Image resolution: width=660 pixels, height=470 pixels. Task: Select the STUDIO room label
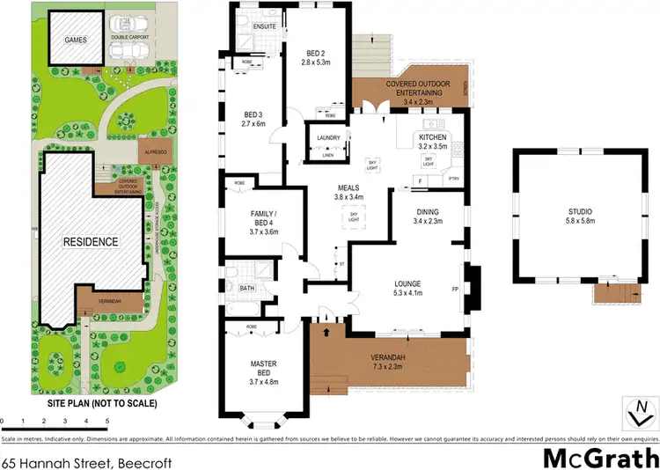point(579,212)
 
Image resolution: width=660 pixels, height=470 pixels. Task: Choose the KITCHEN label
point(434,138)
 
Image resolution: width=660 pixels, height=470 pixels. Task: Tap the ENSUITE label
point(265,26)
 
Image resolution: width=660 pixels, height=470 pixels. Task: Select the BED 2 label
point(316,51)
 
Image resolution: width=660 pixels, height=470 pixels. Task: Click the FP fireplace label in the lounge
point(454,287)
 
